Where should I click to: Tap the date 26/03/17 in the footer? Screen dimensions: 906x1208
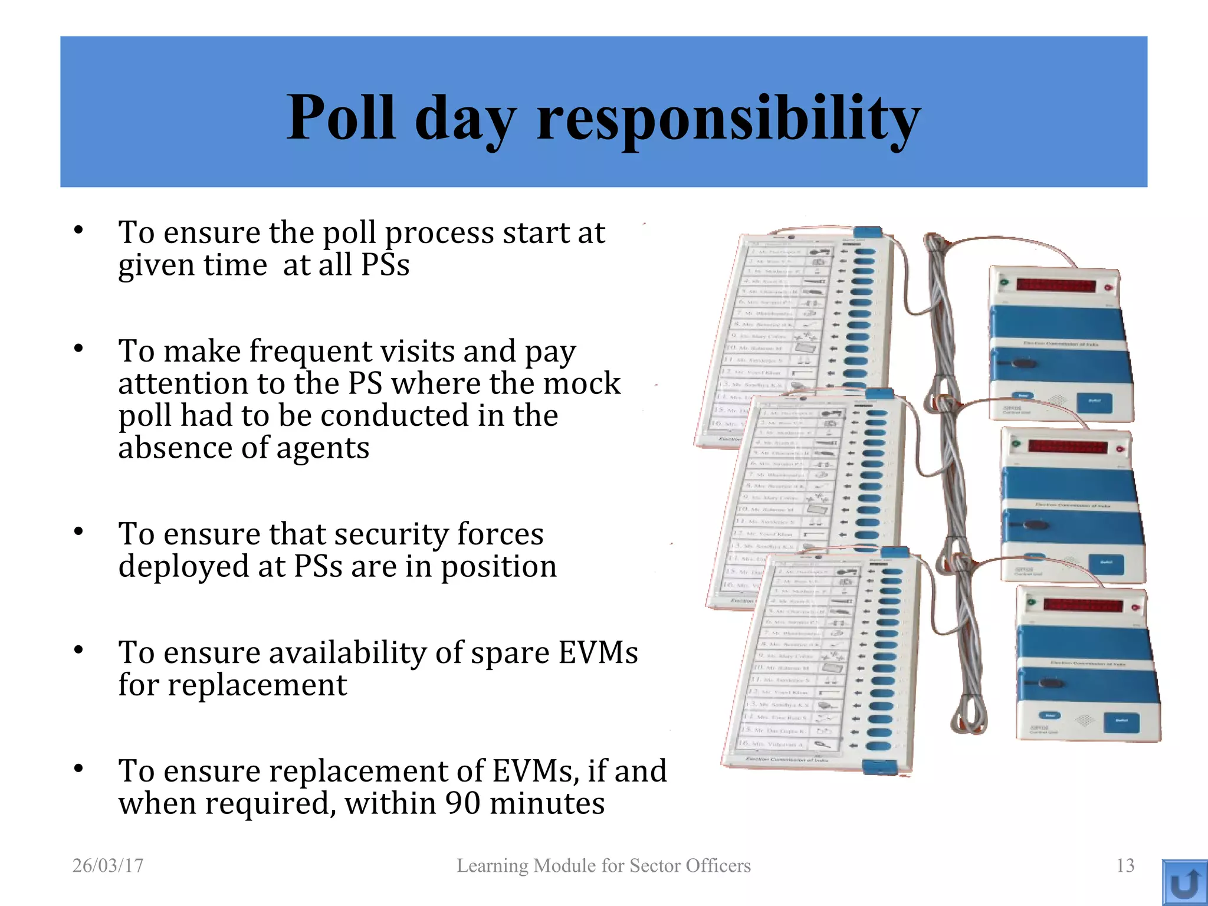[x=108, y=865]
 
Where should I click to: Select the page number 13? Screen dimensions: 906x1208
[x=1125, y=865]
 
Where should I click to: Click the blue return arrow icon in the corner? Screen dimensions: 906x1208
[x=1184, y=883]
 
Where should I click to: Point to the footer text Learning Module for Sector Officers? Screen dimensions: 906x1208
[x=603, y=865]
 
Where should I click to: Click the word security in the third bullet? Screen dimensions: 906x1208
[x=390, y=534]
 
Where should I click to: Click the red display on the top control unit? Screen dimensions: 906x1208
[x=1056, y=287]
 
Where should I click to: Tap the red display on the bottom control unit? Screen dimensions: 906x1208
[x=1083, y=605]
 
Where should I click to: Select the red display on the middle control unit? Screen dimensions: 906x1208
[x=1068, y=447]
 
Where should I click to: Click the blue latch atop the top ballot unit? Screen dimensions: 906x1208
[x=868, y=232]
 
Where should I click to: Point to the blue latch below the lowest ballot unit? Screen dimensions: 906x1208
[x=879, y=767]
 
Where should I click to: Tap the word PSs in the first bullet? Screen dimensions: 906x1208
[x=385, y=265]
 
